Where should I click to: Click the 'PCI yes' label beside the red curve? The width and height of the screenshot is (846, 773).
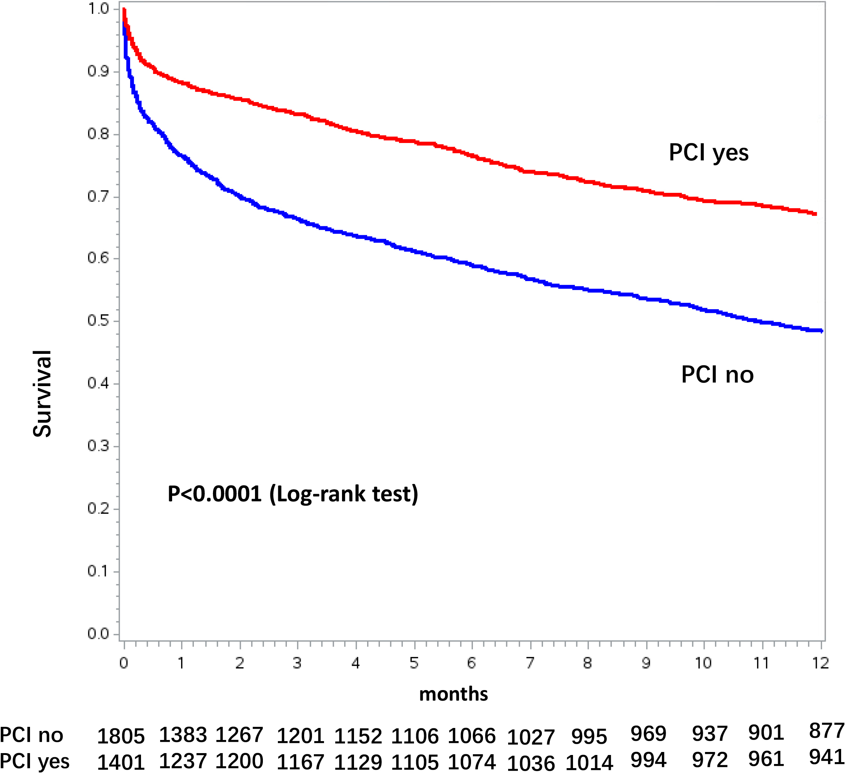[x=708, y=153]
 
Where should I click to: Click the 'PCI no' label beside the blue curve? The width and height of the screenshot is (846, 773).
[x=717, y=374]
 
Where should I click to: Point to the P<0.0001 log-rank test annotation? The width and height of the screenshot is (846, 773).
[x=292, y=494]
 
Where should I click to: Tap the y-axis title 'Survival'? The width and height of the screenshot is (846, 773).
[x=42, y=394]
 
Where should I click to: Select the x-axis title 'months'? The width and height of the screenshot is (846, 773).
[x=453, y=694]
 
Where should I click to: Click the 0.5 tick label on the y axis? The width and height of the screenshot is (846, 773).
[x=98, y=321]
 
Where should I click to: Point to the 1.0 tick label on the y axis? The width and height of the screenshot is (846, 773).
[x=98, y=9]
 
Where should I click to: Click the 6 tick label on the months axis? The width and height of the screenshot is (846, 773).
[x=472, y=663]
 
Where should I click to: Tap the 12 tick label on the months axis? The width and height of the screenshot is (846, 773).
[x=820, y=663]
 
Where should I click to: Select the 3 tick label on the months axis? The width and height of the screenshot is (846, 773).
[x=297, y=663]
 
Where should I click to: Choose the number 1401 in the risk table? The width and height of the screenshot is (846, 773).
[x=121, y=762]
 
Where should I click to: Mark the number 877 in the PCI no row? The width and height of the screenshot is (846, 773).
[x=826, y=731]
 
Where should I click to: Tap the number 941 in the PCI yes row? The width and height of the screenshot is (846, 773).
[x=826, y=757]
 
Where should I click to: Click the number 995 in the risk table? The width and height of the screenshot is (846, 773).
[x=589, y=737]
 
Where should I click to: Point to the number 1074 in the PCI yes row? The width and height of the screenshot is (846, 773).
[x=472, y=762]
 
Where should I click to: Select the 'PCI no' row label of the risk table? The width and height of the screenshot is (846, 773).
[x=31, y=735]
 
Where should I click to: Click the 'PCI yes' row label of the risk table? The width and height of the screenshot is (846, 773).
[x=35, y=761]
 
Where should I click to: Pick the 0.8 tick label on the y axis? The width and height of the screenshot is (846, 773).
[x=98, y=134]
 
